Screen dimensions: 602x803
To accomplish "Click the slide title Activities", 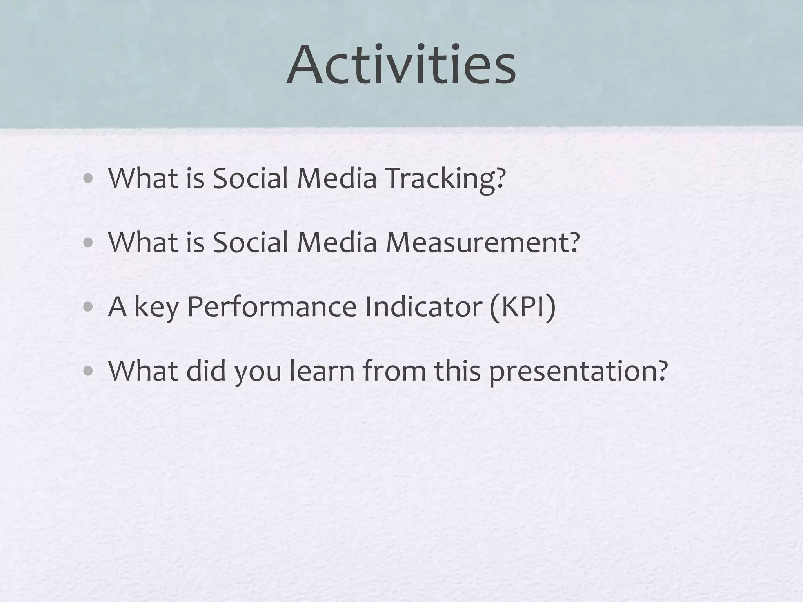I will click(401, 65).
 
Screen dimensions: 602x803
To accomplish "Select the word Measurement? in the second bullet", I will click(482, 243).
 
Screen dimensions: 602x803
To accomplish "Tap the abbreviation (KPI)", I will click(522, 307).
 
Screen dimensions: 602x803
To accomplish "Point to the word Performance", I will click(272, 307).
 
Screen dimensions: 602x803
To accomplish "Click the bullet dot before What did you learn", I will click(88, 371).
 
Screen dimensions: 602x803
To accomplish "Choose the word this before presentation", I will click(457, 371).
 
